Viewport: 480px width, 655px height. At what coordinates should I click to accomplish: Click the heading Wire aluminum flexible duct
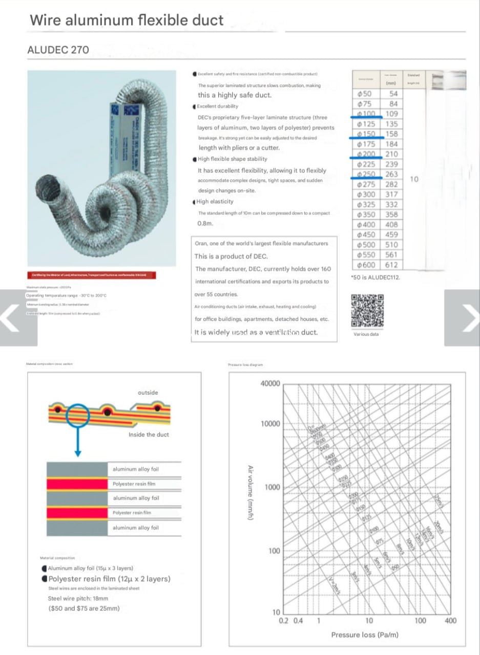pos(127,20)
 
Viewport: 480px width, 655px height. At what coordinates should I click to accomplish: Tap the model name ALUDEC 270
pos(58,50)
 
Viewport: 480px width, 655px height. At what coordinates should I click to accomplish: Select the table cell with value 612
pos(391,265)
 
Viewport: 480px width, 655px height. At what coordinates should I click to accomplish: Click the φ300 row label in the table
pos(366,194)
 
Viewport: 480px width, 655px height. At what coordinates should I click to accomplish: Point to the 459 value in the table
pos(391,235)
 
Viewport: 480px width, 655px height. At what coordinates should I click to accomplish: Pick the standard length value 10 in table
pos(414,179)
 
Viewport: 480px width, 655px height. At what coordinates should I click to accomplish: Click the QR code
pos(367,311)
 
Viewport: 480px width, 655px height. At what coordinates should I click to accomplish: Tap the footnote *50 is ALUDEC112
pos(375,277)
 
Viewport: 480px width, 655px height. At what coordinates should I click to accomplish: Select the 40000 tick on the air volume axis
pos(270,383)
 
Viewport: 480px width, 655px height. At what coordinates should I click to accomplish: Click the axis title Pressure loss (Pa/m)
pos(365,635)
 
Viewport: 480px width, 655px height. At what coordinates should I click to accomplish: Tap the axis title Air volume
pos(251,493)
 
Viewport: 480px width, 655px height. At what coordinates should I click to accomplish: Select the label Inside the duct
pos(149,434)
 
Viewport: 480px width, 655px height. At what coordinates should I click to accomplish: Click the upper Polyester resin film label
pos(134,484)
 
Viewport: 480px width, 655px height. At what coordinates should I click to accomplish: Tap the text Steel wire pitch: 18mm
pos(78,598)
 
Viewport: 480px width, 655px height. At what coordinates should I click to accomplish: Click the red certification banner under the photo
pos(91,275)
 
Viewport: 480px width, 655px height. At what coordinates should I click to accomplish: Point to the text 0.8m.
pos(205,224)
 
